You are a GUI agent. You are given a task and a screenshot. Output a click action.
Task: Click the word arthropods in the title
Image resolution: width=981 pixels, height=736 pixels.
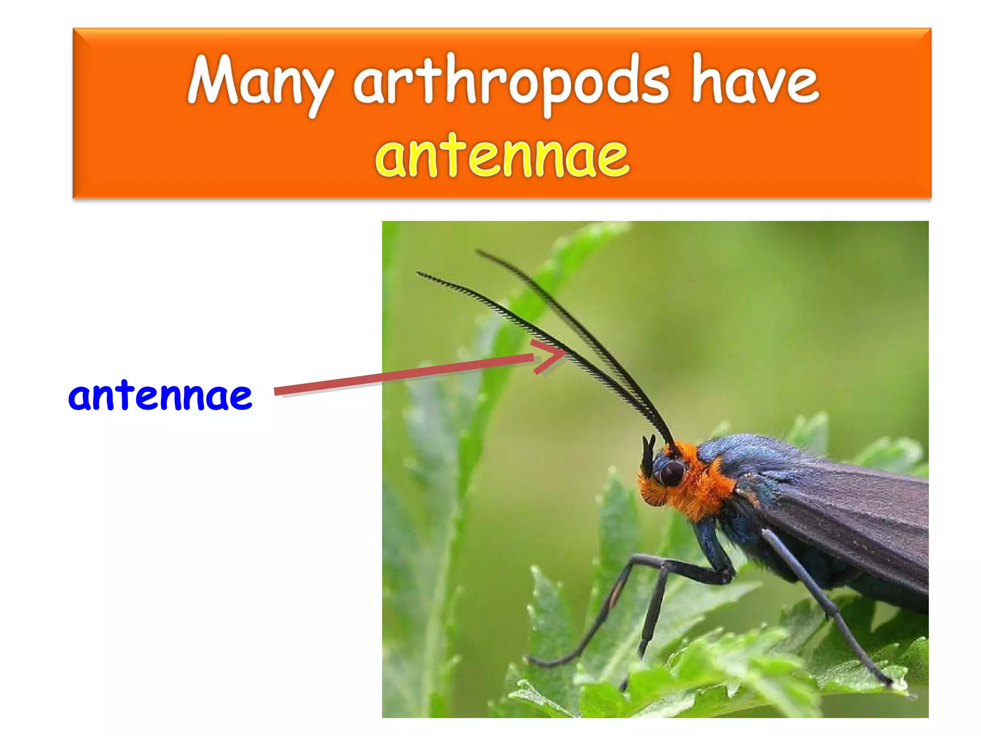click(511, 81)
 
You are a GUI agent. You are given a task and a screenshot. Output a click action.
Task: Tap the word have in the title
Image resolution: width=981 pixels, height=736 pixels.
click(755, 81)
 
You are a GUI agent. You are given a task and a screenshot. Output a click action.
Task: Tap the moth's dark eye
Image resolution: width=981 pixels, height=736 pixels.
click(672, 472)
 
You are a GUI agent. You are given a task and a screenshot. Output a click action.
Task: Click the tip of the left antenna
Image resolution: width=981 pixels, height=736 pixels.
click(419, 273)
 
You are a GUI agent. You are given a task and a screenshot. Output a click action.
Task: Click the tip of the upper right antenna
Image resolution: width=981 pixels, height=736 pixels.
click(478, 251)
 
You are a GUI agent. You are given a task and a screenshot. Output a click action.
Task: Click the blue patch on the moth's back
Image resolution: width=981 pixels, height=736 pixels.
click(747, 450)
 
